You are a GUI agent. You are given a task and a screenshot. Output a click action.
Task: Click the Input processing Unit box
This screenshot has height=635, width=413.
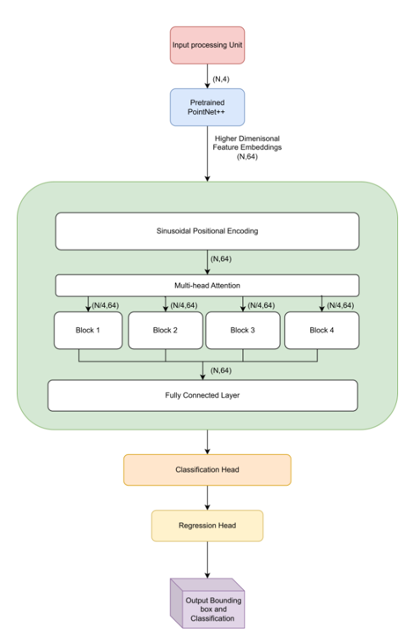pos(207,45)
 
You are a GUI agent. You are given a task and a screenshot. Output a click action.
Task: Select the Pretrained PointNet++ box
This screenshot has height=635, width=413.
pos(207,107)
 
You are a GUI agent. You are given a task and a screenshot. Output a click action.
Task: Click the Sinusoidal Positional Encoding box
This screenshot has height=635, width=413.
pos(207,231)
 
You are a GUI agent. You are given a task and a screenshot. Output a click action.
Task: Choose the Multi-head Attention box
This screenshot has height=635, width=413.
pos(207,286)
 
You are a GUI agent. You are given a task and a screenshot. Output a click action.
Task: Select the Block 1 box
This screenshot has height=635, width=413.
pos(88,331)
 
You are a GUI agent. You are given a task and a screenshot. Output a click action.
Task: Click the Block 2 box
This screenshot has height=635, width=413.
pos(166,331)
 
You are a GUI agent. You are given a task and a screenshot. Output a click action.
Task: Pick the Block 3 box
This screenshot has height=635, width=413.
pos(243,331)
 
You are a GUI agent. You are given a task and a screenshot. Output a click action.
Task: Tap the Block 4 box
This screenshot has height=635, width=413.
pos(321,331)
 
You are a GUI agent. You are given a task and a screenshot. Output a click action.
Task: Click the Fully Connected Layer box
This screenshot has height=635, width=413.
pos(203,395)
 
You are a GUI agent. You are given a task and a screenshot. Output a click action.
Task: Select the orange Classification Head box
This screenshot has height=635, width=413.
pos(207,470)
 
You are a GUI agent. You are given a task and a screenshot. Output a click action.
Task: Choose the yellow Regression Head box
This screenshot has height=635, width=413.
pos(207,526)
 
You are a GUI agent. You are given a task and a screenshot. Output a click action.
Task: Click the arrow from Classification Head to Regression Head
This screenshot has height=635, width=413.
pos(207,497)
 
